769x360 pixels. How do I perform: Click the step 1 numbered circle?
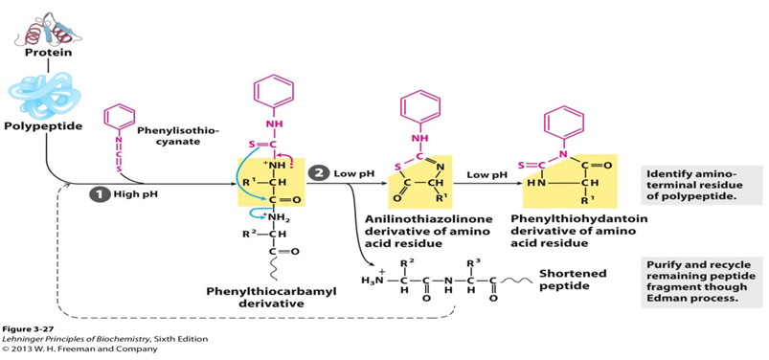[96, 194]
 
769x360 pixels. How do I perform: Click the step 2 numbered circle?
[319, 172]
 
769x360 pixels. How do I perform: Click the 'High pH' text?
[132, 194]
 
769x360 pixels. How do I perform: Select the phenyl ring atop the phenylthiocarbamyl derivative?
[274, 95]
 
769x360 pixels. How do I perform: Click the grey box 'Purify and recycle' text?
[702, 279]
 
